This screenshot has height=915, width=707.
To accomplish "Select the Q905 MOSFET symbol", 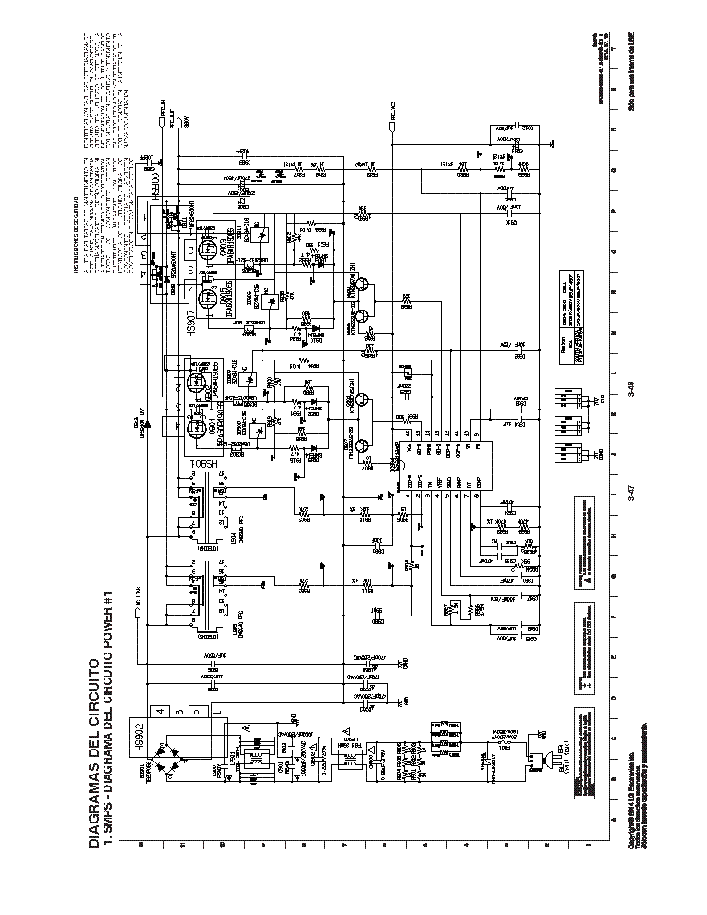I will (204, 297).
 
